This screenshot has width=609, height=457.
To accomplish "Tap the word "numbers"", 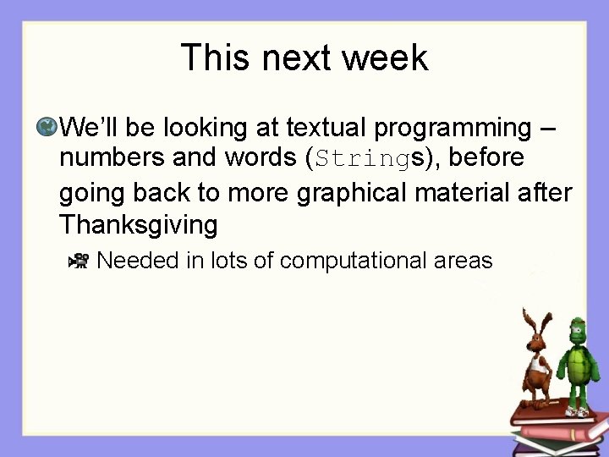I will (x=110, y=158).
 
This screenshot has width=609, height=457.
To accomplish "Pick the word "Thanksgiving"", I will (x=138, y=225).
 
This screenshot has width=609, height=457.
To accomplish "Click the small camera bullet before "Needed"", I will (x=78, y=261).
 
